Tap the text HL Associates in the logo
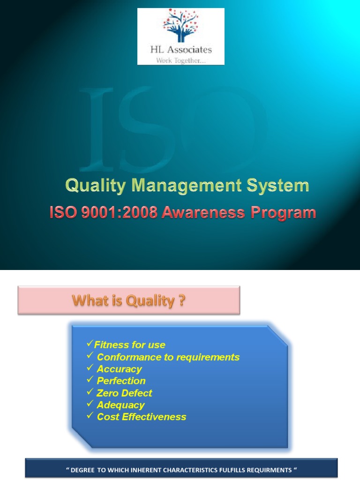tap(181, 50)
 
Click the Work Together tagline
tap(181, 60)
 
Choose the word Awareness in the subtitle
tap(202, 213)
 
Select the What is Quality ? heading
tap(128, 300)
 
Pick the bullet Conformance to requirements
tap(168, 357)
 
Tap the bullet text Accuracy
tap(119, 369)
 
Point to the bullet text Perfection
tap(121, 381)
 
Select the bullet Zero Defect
tap(124, 393)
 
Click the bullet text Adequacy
tap(120, 405)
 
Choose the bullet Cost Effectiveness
tap(142, 417)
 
